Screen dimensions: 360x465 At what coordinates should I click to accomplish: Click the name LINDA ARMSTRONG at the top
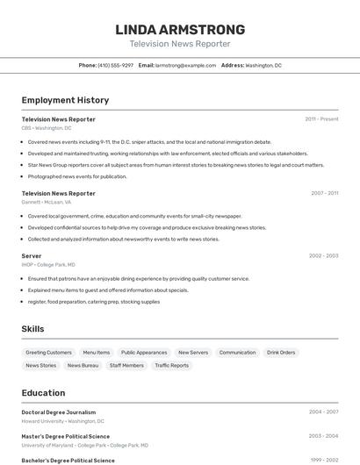180,30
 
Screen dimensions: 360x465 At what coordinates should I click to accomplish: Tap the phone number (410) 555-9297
116,65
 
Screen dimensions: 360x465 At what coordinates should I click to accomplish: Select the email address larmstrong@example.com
185,65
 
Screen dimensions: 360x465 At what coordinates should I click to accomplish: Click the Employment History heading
65,100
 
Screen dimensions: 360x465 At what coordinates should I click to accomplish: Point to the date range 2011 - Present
321,119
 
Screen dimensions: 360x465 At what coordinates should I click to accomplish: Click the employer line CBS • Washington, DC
47,128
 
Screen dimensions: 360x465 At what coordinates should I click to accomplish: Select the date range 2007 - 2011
324,193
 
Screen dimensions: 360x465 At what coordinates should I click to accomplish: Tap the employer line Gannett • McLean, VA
47,202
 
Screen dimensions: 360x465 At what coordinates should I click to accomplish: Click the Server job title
32,256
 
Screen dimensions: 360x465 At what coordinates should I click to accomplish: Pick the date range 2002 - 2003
323,256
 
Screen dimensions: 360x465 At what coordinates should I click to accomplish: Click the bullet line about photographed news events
77,176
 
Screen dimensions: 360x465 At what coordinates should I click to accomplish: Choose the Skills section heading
33,329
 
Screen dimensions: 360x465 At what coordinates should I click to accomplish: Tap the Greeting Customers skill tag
48,353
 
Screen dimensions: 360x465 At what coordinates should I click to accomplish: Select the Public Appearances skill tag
144,353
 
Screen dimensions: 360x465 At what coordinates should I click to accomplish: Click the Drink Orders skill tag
281,353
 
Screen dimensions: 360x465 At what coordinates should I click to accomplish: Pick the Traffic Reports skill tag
172,365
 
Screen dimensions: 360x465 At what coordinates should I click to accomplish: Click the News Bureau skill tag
83,365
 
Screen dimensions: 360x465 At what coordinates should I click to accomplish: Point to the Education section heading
44,393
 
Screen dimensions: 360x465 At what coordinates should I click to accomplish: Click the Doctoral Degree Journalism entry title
59,412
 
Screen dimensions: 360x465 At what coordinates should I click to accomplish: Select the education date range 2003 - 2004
323,436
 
